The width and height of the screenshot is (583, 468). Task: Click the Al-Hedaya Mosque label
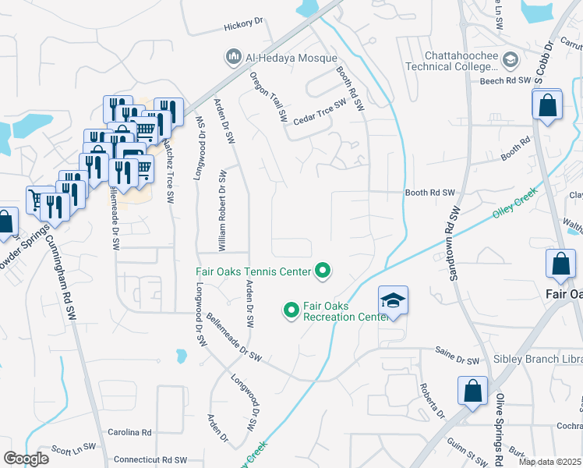(x=291, y=58)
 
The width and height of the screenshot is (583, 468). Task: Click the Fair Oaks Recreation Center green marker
(x=291, y=310)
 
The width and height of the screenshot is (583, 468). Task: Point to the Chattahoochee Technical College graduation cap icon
(x=511, y=60)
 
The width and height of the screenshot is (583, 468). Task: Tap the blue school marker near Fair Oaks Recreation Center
(x=394, y=301)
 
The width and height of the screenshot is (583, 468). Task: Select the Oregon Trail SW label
(x=268, y=97)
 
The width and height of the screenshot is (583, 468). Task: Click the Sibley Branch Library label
(x=537, y=360)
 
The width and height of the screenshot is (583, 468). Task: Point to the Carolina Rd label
(x=129, y=431)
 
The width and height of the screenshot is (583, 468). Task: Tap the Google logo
(x=26, y=459)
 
